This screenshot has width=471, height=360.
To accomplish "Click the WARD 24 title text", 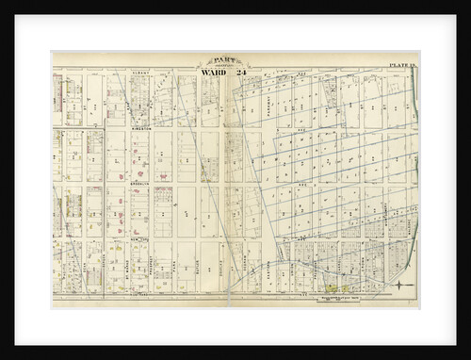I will coord(222,75).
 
